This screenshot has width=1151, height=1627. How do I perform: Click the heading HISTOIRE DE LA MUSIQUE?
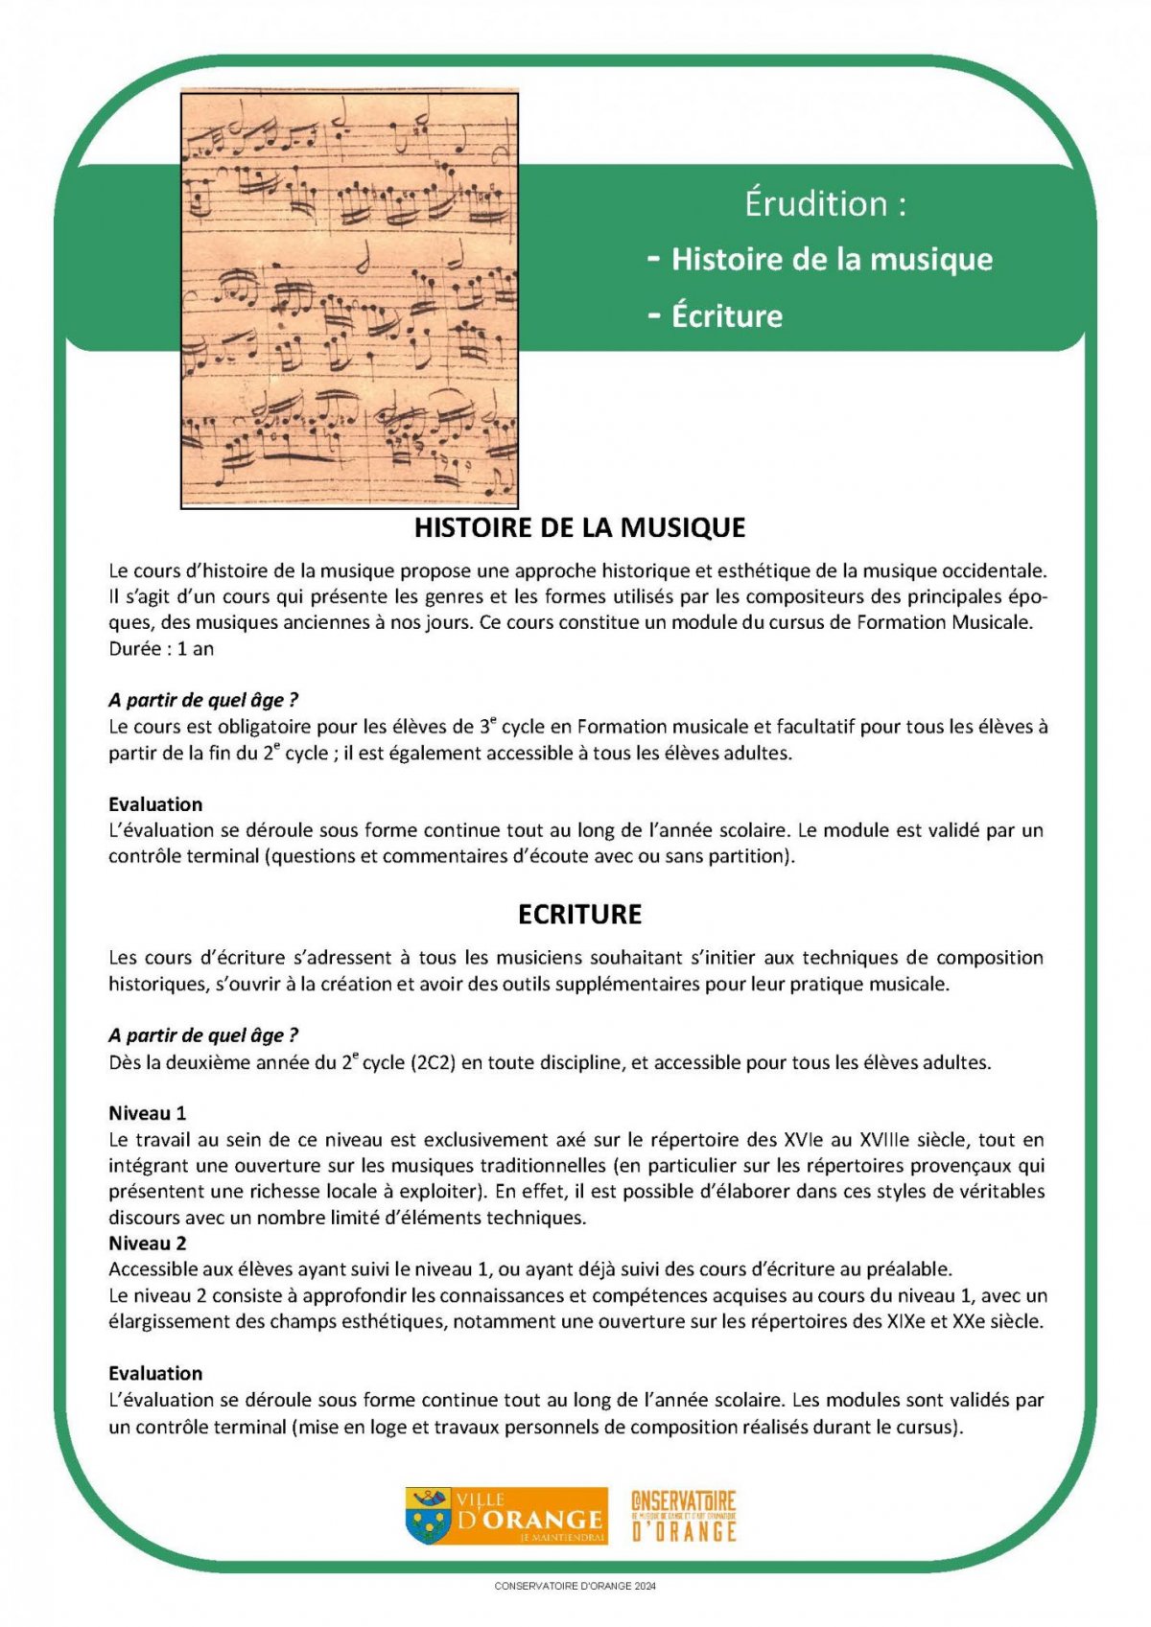(579, 527)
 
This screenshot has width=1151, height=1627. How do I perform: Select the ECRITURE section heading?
(579, 914)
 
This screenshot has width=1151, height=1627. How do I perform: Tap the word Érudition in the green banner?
(815, 203)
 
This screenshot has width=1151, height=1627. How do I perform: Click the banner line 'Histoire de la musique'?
(832, 259)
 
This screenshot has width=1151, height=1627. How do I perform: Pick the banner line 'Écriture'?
(726, 315)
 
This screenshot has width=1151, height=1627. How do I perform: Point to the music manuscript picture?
(349, 298)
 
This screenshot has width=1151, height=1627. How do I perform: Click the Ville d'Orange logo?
(506, 1516)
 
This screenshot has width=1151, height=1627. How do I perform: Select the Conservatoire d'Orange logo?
(683, 1516)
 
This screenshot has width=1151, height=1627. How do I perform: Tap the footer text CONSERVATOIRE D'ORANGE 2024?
(575, 1586)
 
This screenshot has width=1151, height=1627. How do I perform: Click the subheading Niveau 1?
(147, 1113)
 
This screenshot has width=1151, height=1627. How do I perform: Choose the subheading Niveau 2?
(147, 1243)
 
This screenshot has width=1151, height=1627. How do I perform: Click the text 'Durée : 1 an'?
(161, 648)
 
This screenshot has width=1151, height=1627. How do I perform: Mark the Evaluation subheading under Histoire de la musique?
(155, 803)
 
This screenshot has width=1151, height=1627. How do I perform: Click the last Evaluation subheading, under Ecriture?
(155, 1373)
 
